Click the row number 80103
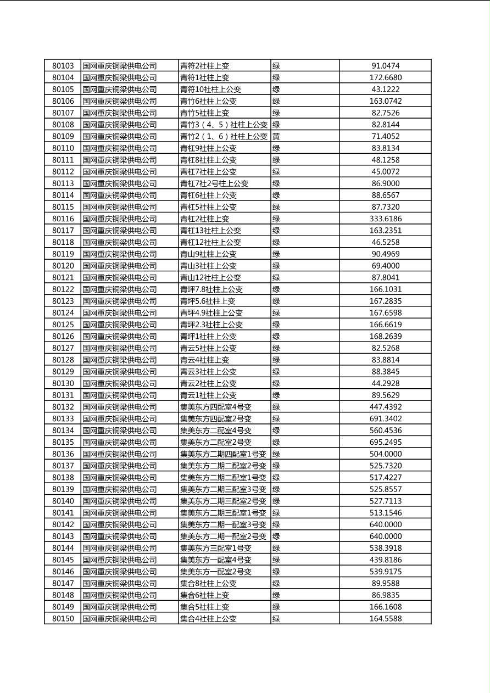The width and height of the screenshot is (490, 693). click(x=63, y=66)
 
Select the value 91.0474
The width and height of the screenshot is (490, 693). click(x=385, y=66)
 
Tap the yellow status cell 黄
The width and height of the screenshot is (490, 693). click(x=276, y=136)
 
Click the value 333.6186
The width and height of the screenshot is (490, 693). click(x=385, y=219)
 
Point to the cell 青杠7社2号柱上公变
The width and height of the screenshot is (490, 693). click(x=214, y=183)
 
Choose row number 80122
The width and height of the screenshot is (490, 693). click(x=63, y=289)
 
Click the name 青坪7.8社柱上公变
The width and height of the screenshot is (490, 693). click(x=211, y=289)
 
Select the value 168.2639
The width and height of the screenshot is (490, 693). click(x=385, y=337)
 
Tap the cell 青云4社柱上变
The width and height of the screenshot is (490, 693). click(x=205, y=360)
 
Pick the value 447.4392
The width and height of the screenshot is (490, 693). click(x=385, y=407)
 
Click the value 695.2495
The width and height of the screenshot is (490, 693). click(x=385, y=442)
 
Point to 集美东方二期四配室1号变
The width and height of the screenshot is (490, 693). click(x=223, y=454)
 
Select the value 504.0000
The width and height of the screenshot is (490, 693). click(x=385, y=454)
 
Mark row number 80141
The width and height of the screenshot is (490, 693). click(x=63, y=513)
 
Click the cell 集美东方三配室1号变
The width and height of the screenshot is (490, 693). click(x=216, y=548)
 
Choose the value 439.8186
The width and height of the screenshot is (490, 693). click(x=385, y=560)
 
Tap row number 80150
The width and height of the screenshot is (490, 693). click(x=63, y=619)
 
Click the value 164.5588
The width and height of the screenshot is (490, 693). click(x=385, y=619)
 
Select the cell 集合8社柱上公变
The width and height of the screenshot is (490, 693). click(x=208, y=584)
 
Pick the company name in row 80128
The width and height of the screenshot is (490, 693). click(x=120, y=360)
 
